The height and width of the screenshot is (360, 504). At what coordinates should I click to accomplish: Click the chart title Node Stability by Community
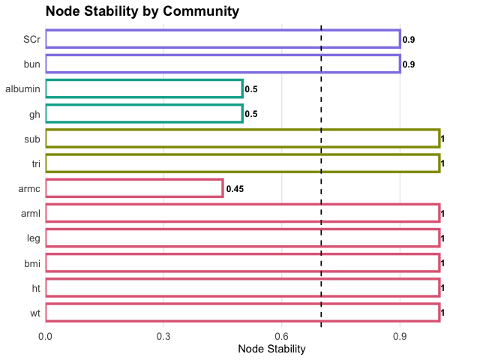tap(142, 11)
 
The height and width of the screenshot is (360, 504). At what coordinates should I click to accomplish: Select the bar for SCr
tap(223, 39)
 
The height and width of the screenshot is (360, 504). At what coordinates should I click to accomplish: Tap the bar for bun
tap(223, 64)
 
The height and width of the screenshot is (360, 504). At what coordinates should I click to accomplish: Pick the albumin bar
tap(144, 88)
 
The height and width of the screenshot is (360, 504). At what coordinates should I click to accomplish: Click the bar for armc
tap(134, 187)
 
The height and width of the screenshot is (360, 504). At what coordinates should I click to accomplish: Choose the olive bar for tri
tap(242, 163)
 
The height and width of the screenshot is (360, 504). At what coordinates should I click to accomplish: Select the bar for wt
tap(242, 311)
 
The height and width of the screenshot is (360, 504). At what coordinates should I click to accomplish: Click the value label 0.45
tap(235, 188)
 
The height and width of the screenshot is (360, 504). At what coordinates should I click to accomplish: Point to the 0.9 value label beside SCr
tap(408, 40)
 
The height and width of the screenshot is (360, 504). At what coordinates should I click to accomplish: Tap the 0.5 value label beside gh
tap(251, 114)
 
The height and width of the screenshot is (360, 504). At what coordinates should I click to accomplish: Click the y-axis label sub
tap(32, 138)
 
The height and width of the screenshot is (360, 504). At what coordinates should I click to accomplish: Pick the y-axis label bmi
tap(32, 262)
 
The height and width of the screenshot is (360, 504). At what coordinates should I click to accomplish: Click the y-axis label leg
tap(34, 237)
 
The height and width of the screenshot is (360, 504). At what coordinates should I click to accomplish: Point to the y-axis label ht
tap(36, 286)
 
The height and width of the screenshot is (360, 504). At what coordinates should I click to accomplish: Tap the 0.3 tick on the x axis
tap(163, 336)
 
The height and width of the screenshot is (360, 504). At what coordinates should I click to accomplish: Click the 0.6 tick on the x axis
tap(282, 336)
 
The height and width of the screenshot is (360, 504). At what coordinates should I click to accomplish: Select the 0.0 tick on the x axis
tap(46, 336)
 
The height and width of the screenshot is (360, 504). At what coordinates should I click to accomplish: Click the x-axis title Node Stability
tap(271, 349)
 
